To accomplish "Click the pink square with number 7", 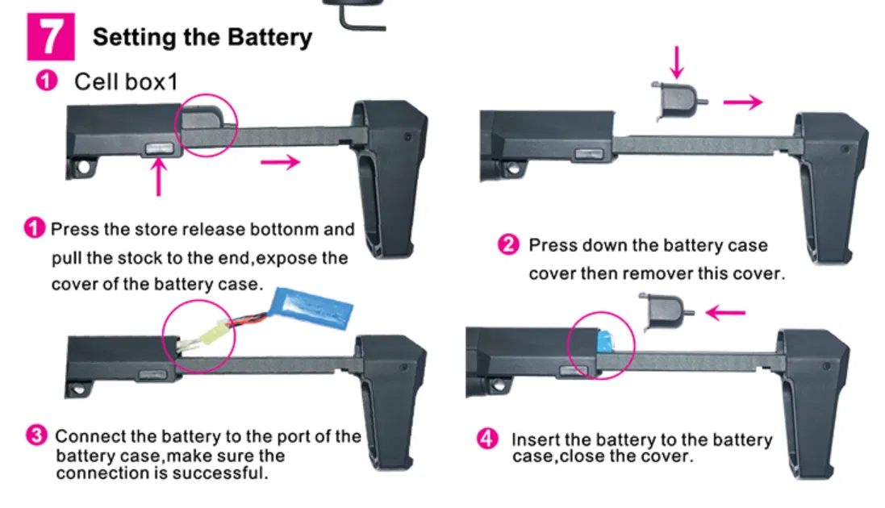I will click(x=50, y=37).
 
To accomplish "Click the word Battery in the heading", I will click(x=269, y=38).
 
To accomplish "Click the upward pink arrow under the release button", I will click(x=159, y=177).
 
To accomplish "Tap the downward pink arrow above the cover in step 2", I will click(x=677, y=63).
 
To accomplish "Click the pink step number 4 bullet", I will click(x=487, y=439).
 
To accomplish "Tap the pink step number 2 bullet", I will click(x=508, y=245).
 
